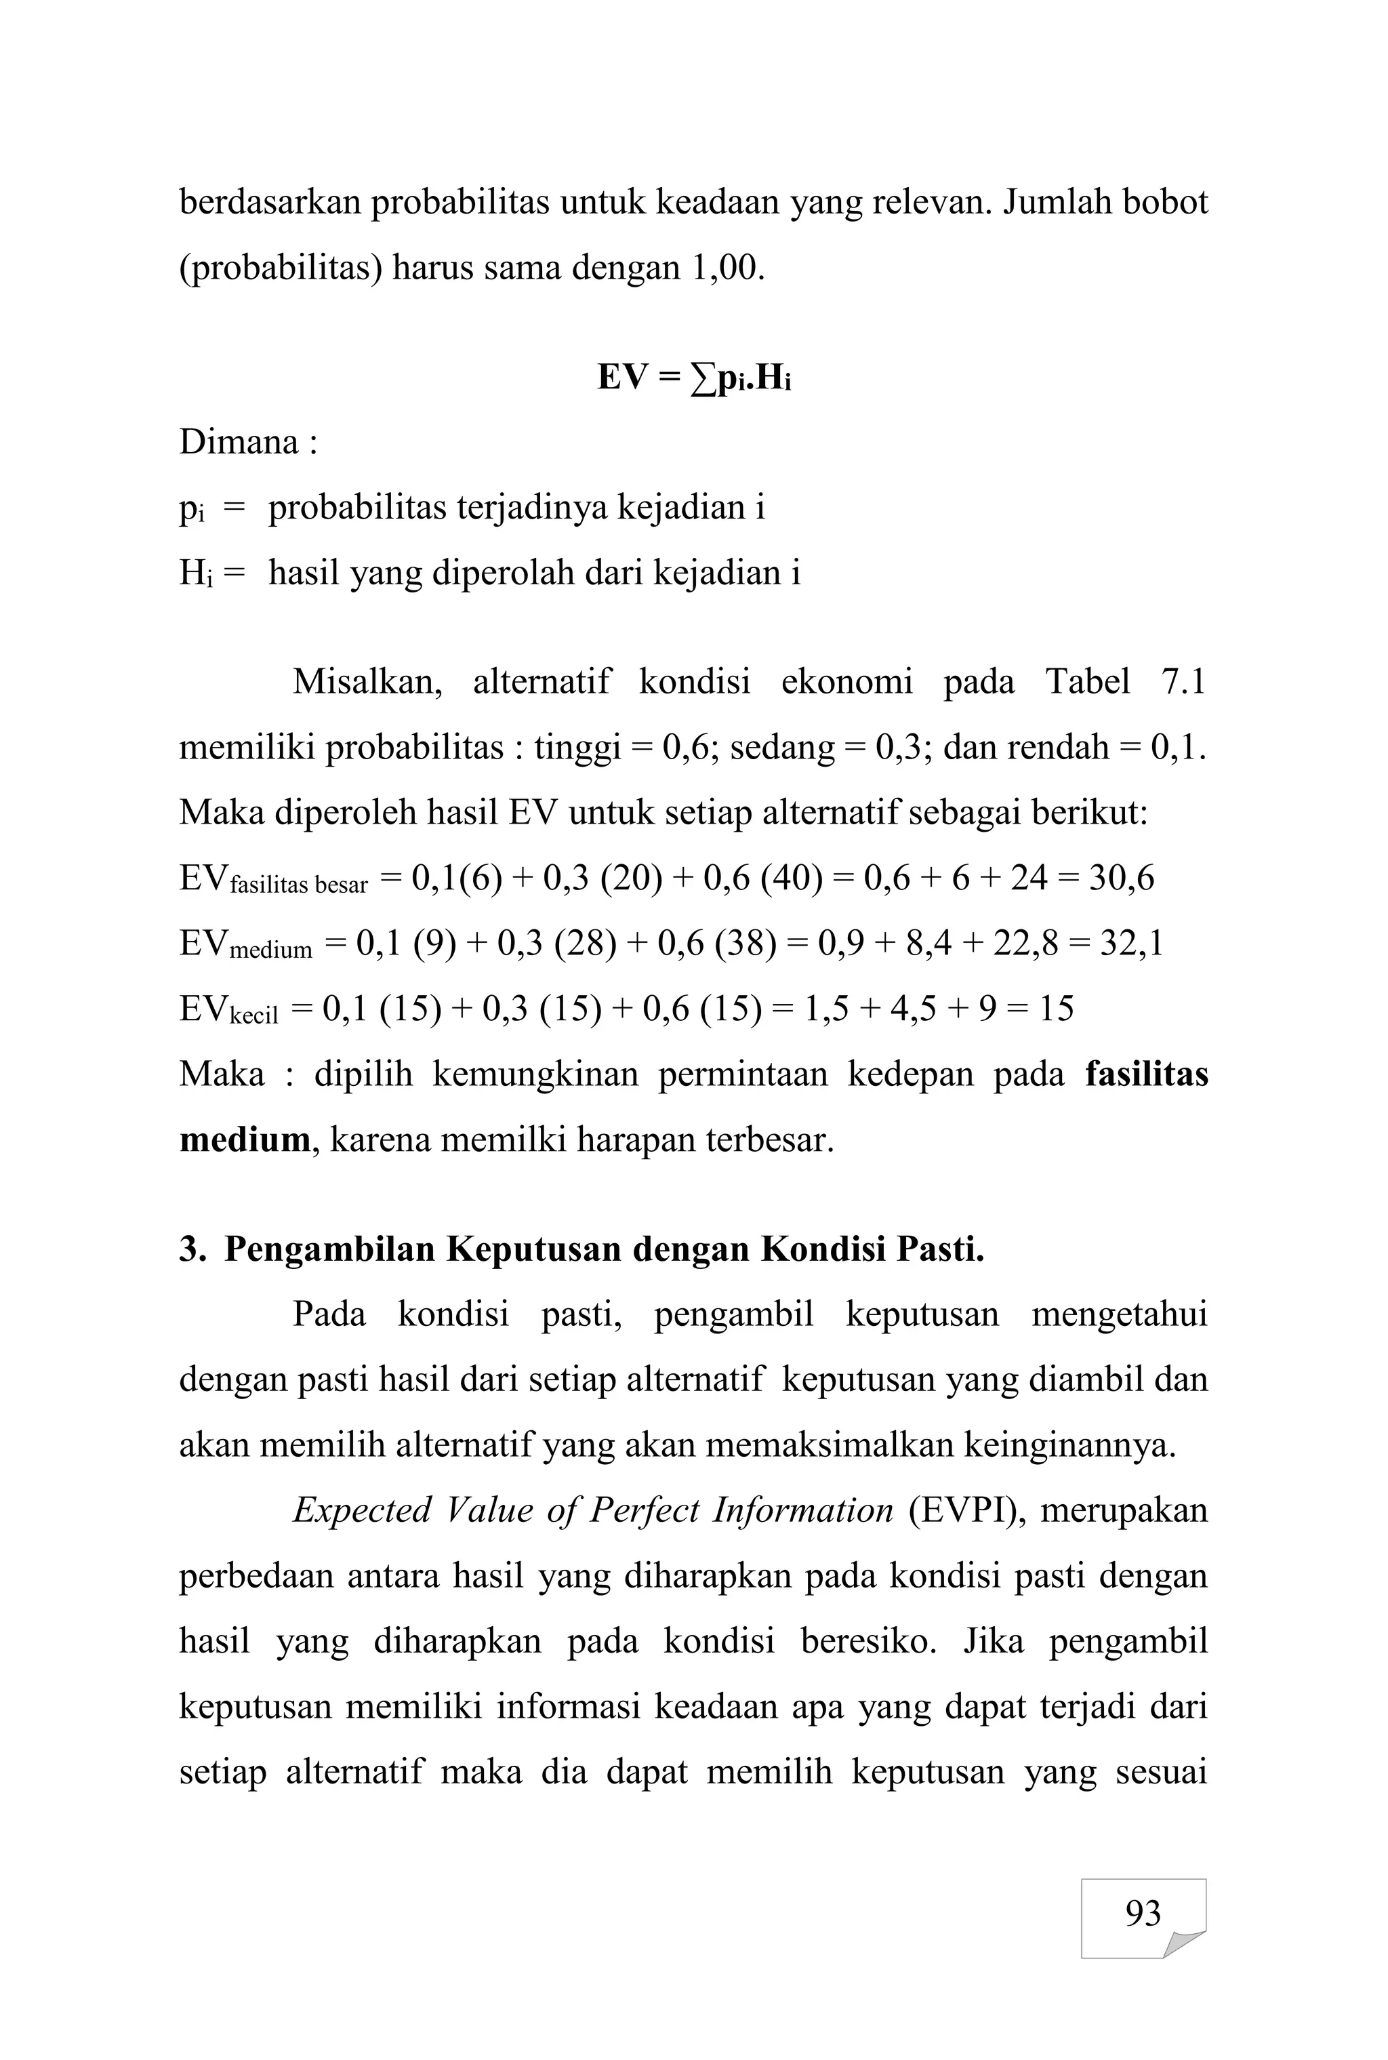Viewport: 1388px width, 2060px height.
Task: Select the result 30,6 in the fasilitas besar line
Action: [1122, 878]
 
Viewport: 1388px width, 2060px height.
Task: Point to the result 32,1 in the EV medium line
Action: [1130, 944]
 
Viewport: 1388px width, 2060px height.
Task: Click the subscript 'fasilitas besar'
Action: [298, 885]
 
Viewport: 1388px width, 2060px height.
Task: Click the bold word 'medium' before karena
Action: [244, 1140]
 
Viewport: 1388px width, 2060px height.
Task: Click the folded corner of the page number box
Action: [1183, 1943]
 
